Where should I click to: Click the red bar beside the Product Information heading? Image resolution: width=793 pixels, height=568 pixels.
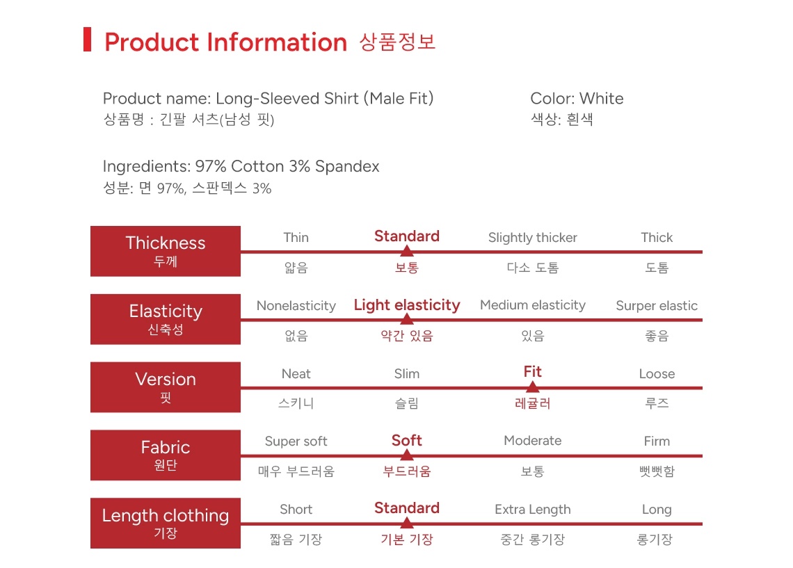tap(87, 40)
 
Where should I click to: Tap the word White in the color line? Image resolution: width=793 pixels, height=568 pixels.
tap(601, 98)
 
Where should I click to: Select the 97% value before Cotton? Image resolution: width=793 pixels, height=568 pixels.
tap(211, 166)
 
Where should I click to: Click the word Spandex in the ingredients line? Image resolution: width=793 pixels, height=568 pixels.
tap(347, 167)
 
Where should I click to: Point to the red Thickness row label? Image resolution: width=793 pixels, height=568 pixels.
tap(166, 251)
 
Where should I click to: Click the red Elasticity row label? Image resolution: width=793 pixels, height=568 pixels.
tap(166, 319)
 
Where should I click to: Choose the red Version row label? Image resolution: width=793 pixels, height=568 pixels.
tap(166, 387)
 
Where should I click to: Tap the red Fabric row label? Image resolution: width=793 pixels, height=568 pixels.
tap(166, 455)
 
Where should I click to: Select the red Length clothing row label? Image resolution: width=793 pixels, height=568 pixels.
tap(166, 523)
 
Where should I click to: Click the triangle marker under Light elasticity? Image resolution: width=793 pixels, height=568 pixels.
tap(407, 319)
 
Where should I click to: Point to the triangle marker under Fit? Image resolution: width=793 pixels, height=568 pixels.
tap(533, 387)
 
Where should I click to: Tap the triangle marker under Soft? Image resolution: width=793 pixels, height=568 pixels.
tap(407, 455)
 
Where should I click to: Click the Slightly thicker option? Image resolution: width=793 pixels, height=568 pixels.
tap(533, 238)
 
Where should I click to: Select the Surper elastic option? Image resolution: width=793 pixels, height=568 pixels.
tap(657, 306)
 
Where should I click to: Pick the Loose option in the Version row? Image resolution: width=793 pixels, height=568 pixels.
tap(657, 374)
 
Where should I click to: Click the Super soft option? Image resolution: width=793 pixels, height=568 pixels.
tap(296, 441)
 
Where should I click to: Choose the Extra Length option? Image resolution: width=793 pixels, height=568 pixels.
tap(533, 510)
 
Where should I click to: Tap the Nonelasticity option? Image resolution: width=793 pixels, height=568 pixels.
tap(296, 306)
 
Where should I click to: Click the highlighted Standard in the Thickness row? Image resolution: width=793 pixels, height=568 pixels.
tap(407, 236)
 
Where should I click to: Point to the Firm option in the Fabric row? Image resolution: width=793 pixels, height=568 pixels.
tap(657, 441)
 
